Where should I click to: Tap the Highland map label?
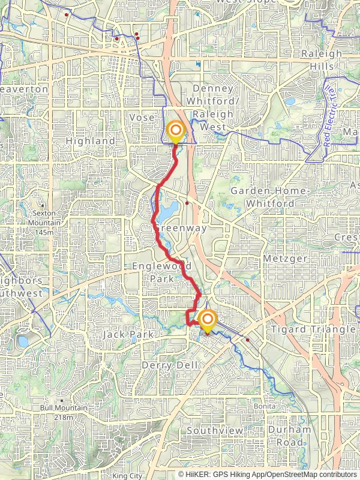pos(90,141)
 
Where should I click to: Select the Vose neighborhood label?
pos(143,118)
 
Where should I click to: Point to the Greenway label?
pos(180,228)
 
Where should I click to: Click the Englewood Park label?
pos(162,272)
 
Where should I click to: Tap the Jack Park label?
pos(128,334)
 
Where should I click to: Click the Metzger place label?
pos(285,259)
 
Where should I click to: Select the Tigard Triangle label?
pos(313,330)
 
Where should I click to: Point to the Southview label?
pos(215,431)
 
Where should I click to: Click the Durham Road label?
pos(290,436)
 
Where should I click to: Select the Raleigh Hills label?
pos(322,59)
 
